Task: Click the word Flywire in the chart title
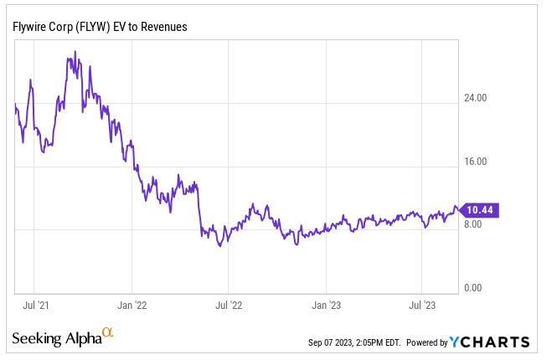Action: tap(30, 27)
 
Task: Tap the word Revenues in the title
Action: tap(163, 27)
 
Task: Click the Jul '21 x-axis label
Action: tap(34, 305)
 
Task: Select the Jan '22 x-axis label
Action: tap(132, 305)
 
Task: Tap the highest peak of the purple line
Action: tap(75, 52)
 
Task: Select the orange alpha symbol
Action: tap(106, 333)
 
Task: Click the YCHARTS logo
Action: tap(489, 342)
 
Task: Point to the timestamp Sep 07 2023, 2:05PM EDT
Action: tap(354, 342)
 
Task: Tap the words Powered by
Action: tap(427, 342)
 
